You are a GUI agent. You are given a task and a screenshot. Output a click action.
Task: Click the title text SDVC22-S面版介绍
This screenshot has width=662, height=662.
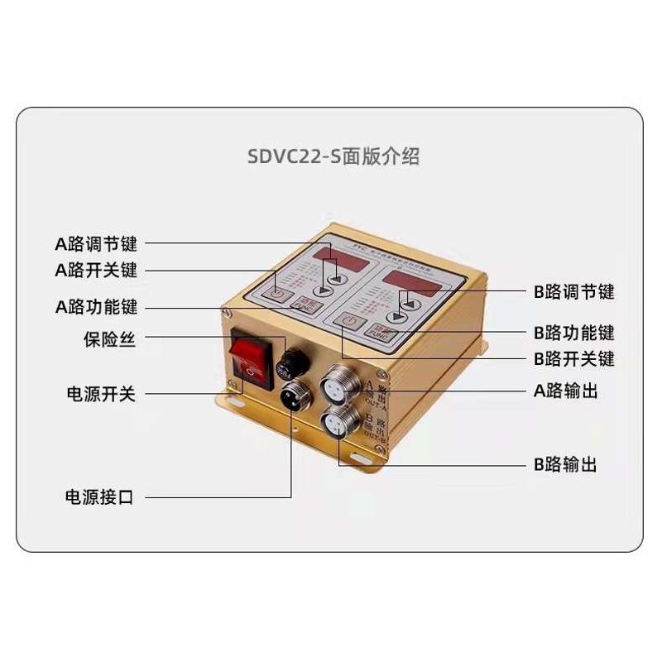tap(333, 156)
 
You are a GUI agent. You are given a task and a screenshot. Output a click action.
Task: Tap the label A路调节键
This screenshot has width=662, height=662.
tap(96, 244)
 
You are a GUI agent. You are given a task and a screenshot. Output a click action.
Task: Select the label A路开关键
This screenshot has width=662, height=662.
tap(96, 271)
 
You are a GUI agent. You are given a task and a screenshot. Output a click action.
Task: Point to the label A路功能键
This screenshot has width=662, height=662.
tap(96, 307)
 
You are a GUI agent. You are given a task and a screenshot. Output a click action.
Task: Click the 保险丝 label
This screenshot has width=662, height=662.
tap(108, 339)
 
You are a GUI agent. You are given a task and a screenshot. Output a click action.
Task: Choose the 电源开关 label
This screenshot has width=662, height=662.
tap(100, 394)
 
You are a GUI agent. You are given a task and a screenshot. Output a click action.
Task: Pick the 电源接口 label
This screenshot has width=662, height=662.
tap(100, 497)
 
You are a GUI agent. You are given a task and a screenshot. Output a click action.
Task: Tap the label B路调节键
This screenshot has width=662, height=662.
tap(574, 292)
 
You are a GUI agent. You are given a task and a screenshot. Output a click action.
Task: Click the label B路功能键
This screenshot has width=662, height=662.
tap(574, 333)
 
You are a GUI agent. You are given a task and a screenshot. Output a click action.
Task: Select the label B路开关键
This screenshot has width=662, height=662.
tap(574, 360)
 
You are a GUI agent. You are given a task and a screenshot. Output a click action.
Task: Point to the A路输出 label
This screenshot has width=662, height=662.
tap(566, 391)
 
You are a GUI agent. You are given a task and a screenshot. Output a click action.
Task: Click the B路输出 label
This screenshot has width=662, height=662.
tap(566, 465)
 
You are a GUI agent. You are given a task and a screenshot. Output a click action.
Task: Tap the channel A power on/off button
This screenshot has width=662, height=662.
tap(279, 294)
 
